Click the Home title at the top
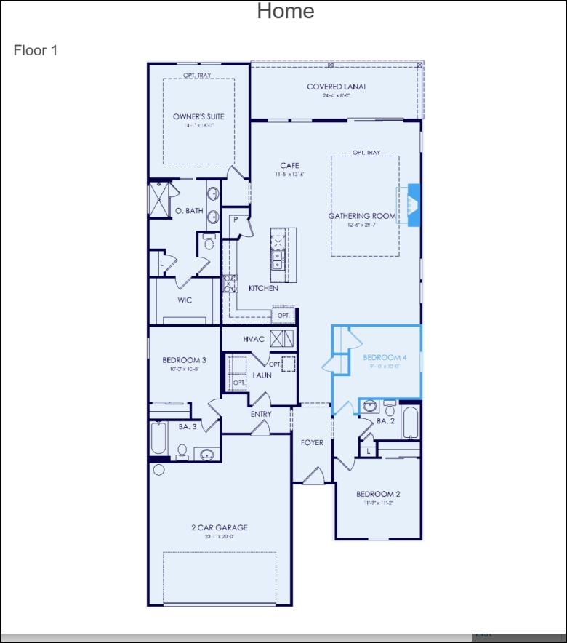click(286, 12)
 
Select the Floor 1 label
click(35, 50)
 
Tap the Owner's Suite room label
click(198, 116)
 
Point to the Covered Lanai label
click(336, 87)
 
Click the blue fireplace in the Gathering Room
click(412, 205)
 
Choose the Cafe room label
click(289, 166)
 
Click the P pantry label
click(236, 220)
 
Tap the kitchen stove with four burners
click(230, 283)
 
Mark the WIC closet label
click(185, 300)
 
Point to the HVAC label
click(254, 339)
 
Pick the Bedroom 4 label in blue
click(385, 357)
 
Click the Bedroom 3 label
click(184, 360)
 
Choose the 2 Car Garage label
click(220, 528)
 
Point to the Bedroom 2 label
click(378, 494)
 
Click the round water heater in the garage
click(158, 470)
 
